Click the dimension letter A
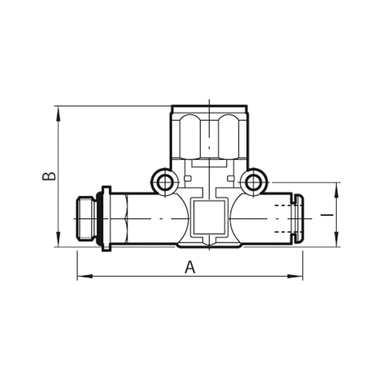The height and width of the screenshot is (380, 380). coord(190,267)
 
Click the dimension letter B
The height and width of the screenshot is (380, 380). coord(49,176)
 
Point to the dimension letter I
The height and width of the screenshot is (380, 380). coord(327,215)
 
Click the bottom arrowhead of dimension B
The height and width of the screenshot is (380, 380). coord(58,239)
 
